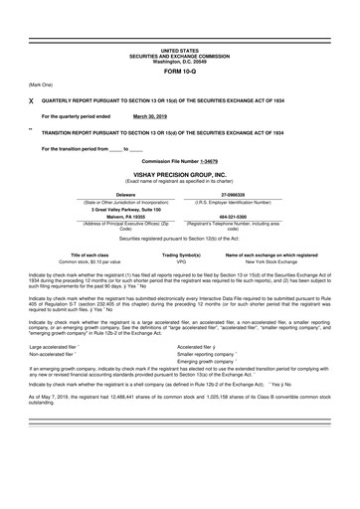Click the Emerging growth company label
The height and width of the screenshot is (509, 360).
click(210, 361)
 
